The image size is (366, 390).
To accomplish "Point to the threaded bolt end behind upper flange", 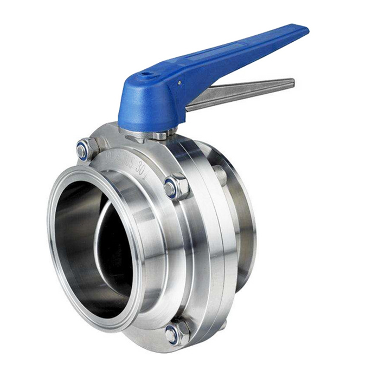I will tap(220, 174).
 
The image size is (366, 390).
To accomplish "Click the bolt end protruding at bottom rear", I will tap(222, 325).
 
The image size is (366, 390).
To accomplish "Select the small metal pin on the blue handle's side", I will tap(177, 82).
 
